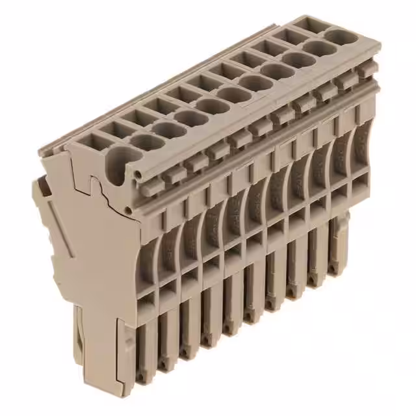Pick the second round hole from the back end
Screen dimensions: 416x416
click(317, 49)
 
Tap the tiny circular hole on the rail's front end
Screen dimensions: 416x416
click(138, 174)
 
